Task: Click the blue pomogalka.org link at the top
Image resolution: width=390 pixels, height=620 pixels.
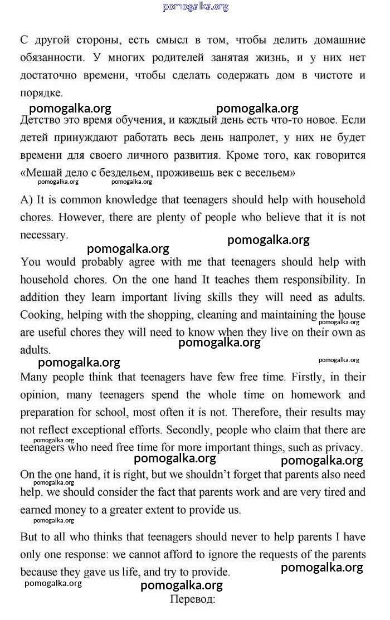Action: pos(196,7)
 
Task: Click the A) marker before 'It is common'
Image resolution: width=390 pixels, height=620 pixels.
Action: pos(28,199)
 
